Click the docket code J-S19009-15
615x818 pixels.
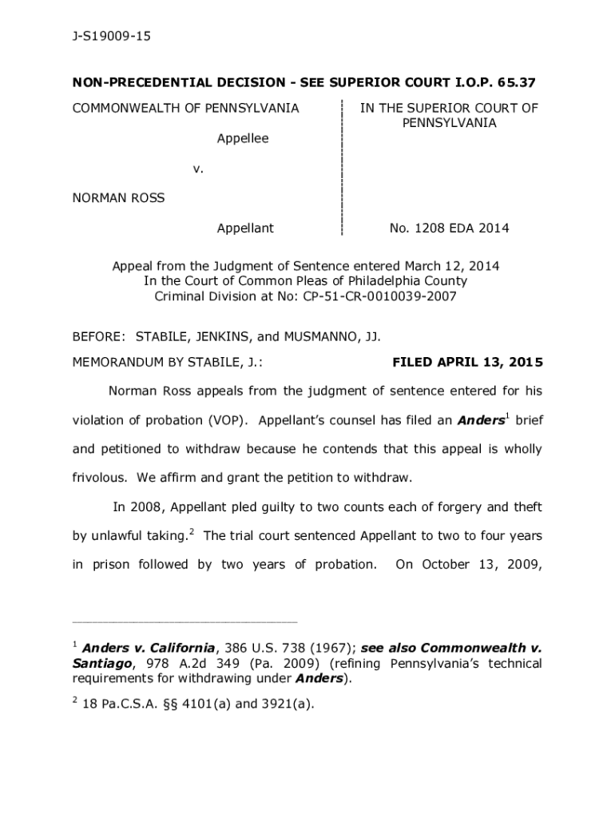[x=111, y=37]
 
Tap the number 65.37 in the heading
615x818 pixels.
[x=515, y=82]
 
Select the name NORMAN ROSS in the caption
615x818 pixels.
[x=118, y=197]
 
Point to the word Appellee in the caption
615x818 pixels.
[x=243, y=138]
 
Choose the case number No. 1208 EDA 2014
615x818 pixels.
[x=449, y=228]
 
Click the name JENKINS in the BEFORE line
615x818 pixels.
[x=222, y=338]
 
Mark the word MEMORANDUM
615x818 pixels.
[x=117, y=363]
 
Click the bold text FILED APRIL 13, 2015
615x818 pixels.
[x=467, y=363]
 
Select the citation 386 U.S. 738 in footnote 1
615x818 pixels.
[x=271, y=648]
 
